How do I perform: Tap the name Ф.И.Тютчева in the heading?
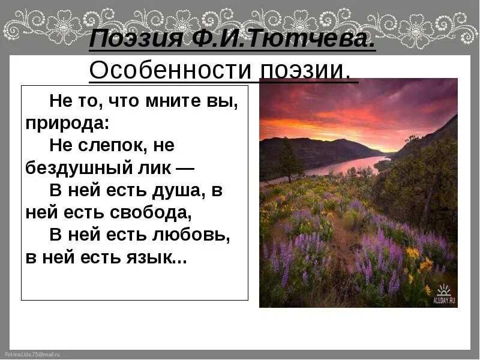point(275,41)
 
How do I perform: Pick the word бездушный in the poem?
point(73,169)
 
